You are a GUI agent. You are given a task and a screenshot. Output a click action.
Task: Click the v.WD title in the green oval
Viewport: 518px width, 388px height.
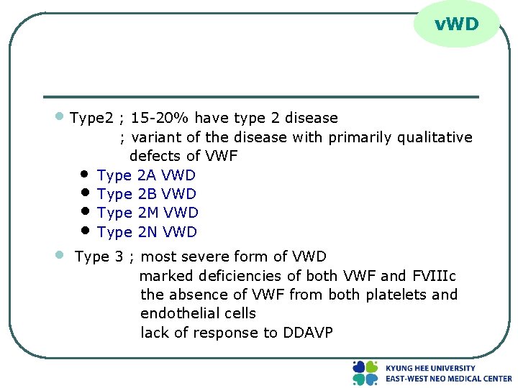[456, 24]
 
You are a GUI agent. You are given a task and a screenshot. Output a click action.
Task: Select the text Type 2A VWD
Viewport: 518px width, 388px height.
[146, 175]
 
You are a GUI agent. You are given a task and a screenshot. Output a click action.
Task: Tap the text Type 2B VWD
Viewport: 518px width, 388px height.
[146, 194]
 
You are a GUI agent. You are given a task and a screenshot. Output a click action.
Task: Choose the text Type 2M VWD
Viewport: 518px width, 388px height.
[147, 213]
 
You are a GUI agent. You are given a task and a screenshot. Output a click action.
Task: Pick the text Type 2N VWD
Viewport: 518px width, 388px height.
[147, 232]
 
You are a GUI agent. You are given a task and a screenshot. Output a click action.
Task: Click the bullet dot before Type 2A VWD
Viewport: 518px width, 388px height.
[84, 175]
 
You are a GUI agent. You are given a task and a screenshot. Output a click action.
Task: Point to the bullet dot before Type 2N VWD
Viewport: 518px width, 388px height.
[84, 231]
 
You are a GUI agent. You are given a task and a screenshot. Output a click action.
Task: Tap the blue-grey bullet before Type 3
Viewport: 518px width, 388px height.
[61, 254]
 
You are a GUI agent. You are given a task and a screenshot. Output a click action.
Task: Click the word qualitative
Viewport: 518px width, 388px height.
[437, 137]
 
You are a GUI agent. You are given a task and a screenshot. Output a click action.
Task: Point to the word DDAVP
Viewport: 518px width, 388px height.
[308, 333]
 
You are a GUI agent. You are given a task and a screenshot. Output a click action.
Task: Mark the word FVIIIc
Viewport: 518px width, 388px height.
[433, 276]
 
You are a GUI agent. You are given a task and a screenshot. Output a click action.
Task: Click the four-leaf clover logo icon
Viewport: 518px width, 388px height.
[365, 373]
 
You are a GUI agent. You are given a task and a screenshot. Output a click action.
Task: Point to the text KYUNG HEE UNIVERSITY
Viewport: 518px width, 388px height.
[430, 368]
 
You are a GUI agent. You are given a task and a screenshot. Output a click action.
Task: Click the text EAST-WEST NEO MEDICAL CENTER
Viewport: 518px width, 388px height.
[448, 379]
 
